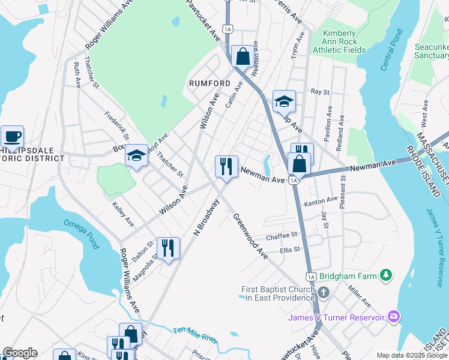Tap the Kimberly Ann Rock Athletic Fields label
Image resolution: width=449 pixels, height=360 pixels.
coord(344,42)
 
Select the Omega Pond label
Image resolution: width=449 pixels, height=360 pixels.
coord(80,229)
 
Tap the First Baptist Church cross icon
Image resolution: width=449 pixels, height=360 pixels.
coord(324,293)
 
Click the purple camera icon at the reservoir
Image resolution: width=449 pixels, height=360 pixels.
coord(394,316)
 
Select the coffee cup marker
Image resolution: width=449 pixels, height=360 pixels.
coord(12,136)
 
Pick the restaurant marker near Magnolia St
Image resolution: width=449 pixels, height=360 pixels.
coord(168,247)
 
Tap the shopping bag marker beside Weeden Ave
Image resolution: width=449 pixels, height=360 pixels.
coord(243,56)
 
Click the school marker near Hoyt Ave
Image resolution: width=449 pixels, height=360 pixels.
coord(137,156)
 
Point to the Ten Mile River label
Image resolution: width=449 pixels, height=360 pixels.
coord(195,335)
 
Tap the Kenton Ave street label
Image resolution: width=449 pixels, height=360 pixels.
coord(323,200)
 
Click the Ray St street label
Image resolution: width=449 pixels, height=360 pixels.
coord(320,92)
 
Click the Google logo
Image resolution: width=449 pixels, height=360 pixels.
coord(20,353)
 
